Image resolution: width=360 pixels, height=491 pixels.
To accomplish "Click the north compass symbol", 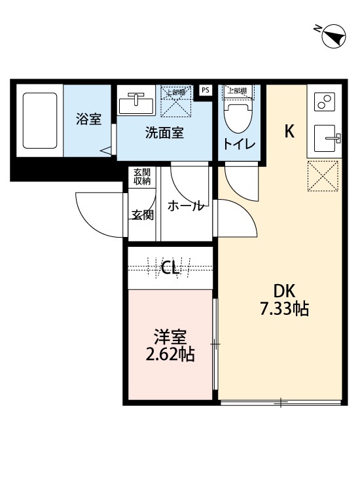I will click(x=334, y=36).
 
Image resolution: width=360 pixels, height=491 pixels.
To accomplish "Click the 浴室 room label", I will click(x=89, y=119).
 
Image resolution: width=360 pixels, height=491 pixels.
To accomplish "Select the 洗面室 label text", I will click(x=164, y=133).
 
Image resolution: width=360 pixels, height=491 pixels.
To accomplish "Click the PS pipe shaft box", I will click(x=205, y=90).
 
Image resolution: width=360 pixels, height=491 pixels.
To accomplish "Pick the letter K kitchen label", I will click(x=289, y=132).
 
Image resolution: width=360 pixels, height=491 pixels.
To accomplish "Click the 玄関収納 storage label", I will click(x=142, y=176).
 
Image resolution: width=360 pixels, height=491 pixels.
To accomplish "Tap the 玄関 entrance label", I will click(x=142, y=214).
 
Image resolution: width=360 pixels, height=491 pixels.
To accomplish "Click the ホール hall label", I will click(x=186, y=206).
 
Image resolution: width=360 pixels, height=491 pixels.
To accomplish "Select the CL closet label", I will click(x=171, y=267).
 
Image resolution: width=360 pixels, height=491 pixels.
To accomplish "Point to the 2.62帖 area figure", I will click(x=171, y=355).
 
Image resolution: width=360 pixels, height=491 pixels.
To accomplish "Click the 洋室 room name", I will click(x=171, y=338).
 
